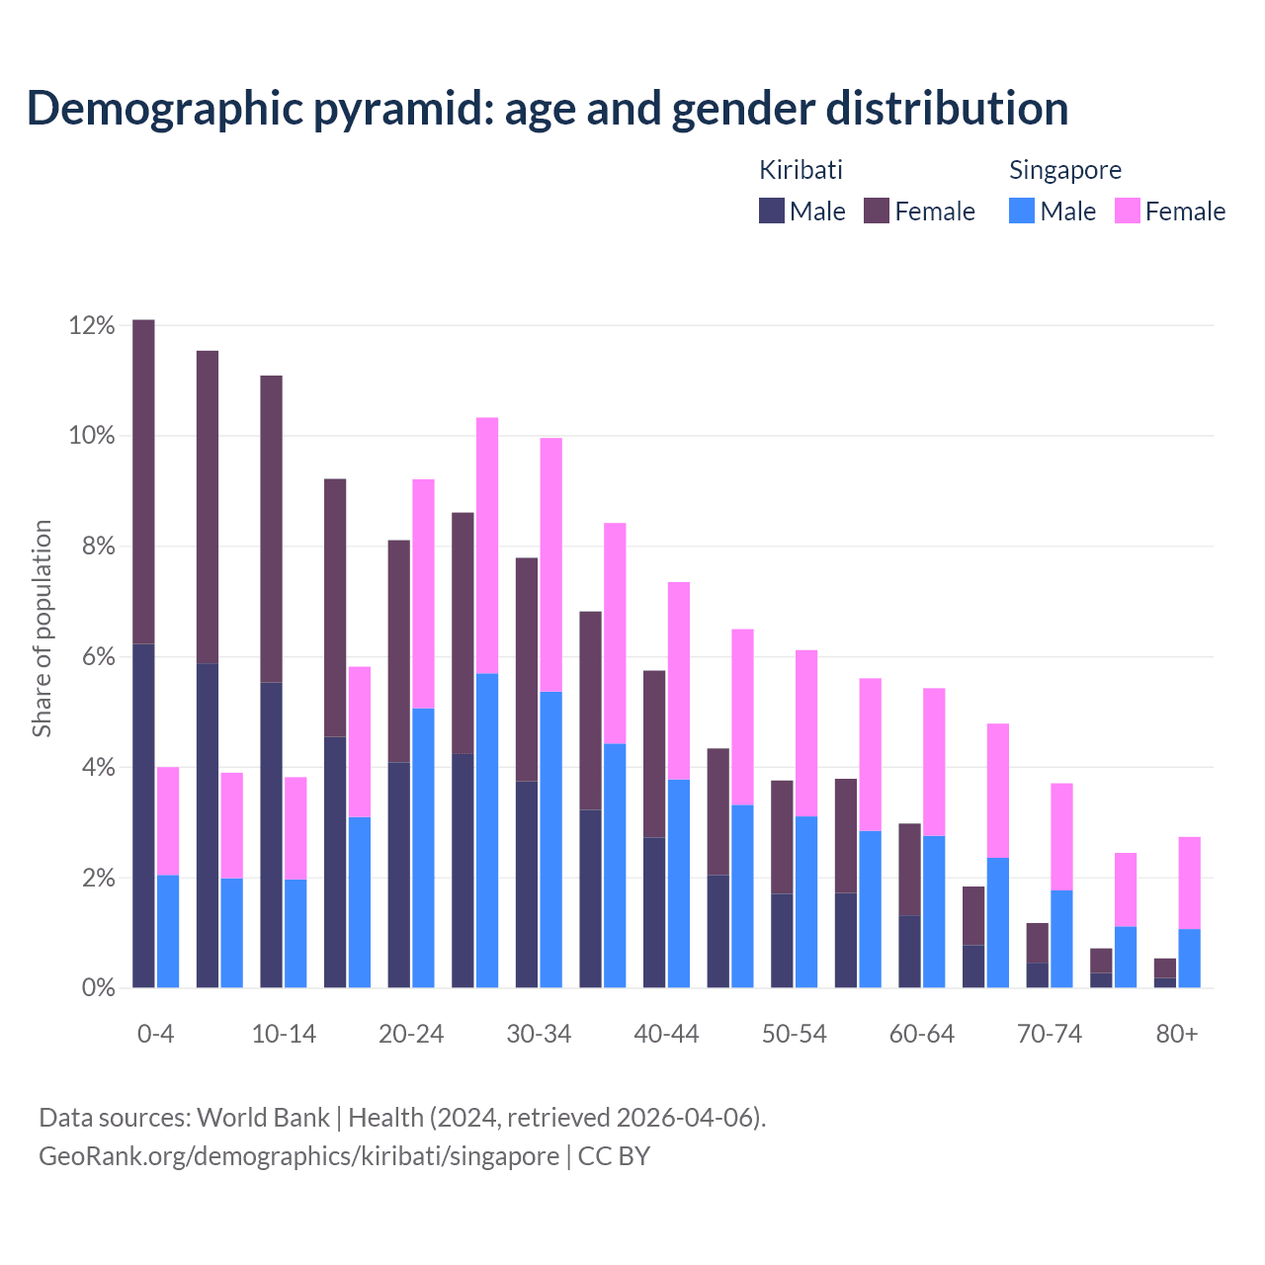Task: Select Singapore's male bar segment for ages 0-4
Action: pyautogui.click(x=168, y=931)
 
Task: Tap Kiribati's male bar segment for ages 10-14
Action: pyautogui.click(x=271, y=834)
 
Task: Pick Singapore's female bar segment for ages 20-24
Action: pyautogui.click(x=423, y=593)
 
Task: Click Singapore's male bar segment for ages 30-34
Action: pyautogui.click(x=550, y=839)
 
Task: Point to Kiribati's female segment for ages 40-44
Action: pyautogui.click(x=654, y=753)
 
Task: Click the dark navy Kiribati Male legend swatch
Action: pyautogui.click(x=771, y=211)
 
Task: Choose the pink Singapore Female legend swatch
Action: pyautogui.click(x=1127, y=211)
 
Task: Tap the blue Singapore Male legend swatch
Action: pyautogui.click(x=1022, y=211)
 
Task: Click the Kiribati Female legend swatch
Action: pyautogui.click(x=877, y=211)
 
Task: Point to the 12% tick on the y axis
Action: pyautogui.click(x=92, y=325)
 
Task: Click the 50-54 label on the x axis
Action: pyautogui.click(x=794, y=1035)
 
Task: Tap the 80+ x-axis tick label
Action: pyautogui.click(x=1177, y=1035)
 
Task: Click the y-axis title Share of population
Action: pyautogui.click(x=42, y=629)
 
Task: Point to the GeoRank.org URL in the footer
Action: pyautogui.click(x=298, y=1156)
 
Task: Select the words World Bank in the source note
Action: pyautogui.click(x=263, y=1118)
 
